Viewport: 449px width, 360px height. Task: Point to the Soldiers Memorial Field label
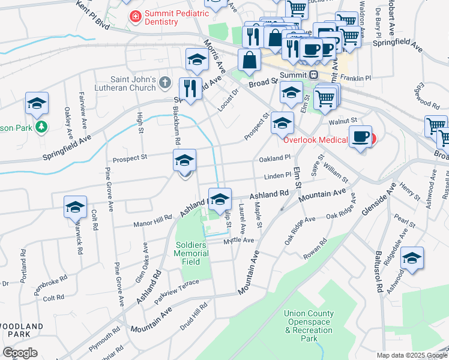point(192,249)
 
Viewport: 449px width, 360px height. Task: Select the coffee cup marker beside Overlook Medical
point(360,137)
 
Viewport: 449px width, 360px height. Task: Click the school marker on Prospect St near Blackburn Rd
point(184,160)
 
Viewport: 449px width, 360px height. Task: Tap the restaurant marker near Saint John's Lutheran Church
point(190,89)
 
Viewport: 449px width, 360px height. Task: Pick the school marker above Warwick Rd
point(74,207)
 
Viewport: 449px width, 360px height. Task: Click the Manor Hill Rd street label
point(153,223)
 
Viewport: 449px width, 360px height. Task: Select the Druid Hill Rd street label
point(193,320)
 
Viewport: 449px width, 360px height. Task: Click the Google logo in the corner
point(20,353)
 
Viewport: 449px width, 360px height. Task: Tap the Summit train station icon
point(313,74)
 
